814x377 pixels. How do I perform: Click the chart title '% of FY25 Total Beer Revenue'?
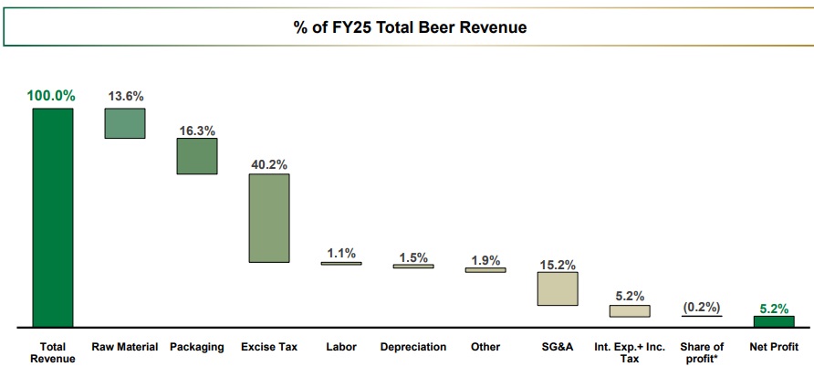(410, 27)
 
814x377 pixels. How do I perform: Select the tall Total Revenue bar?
(53, 216)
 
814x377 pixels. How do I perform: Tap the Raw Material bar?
(125, 123)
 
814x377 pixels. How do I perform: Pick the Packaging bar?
(197, 156)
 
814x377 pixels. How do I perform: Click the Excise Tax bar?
(269, 218)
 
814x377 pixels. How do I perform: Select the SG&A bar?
(557, 288)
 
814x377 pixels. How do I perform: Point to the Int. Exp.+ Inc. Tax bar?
(630, 310)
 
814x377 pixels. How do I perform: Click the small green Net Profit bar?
(774, 320)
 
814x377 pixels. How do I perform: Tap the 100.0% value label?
(51, 96)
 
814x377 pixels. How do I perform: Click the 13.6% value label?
(125, 96)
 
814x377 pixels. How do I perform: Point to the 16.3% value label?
(197, 131)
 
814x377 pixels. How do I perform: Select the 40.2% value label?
(269, 164)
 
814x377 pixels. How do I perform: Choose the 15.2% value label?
(557, 265)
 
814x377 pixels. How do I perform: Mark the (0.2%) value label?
(702, 307)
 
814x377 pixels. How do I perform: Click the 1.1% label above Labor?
(341, 254)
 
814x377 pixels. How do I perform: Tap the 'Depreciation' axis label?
(413, 347)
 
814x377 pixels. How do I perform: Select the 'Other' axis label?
(485, 347)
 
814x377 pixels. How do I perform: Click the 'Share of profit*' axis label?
(702, 352)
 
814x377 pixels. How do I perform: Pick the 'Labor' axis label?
(341, 347)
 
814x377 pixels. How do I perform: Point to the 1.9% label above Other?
(485, 260)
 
